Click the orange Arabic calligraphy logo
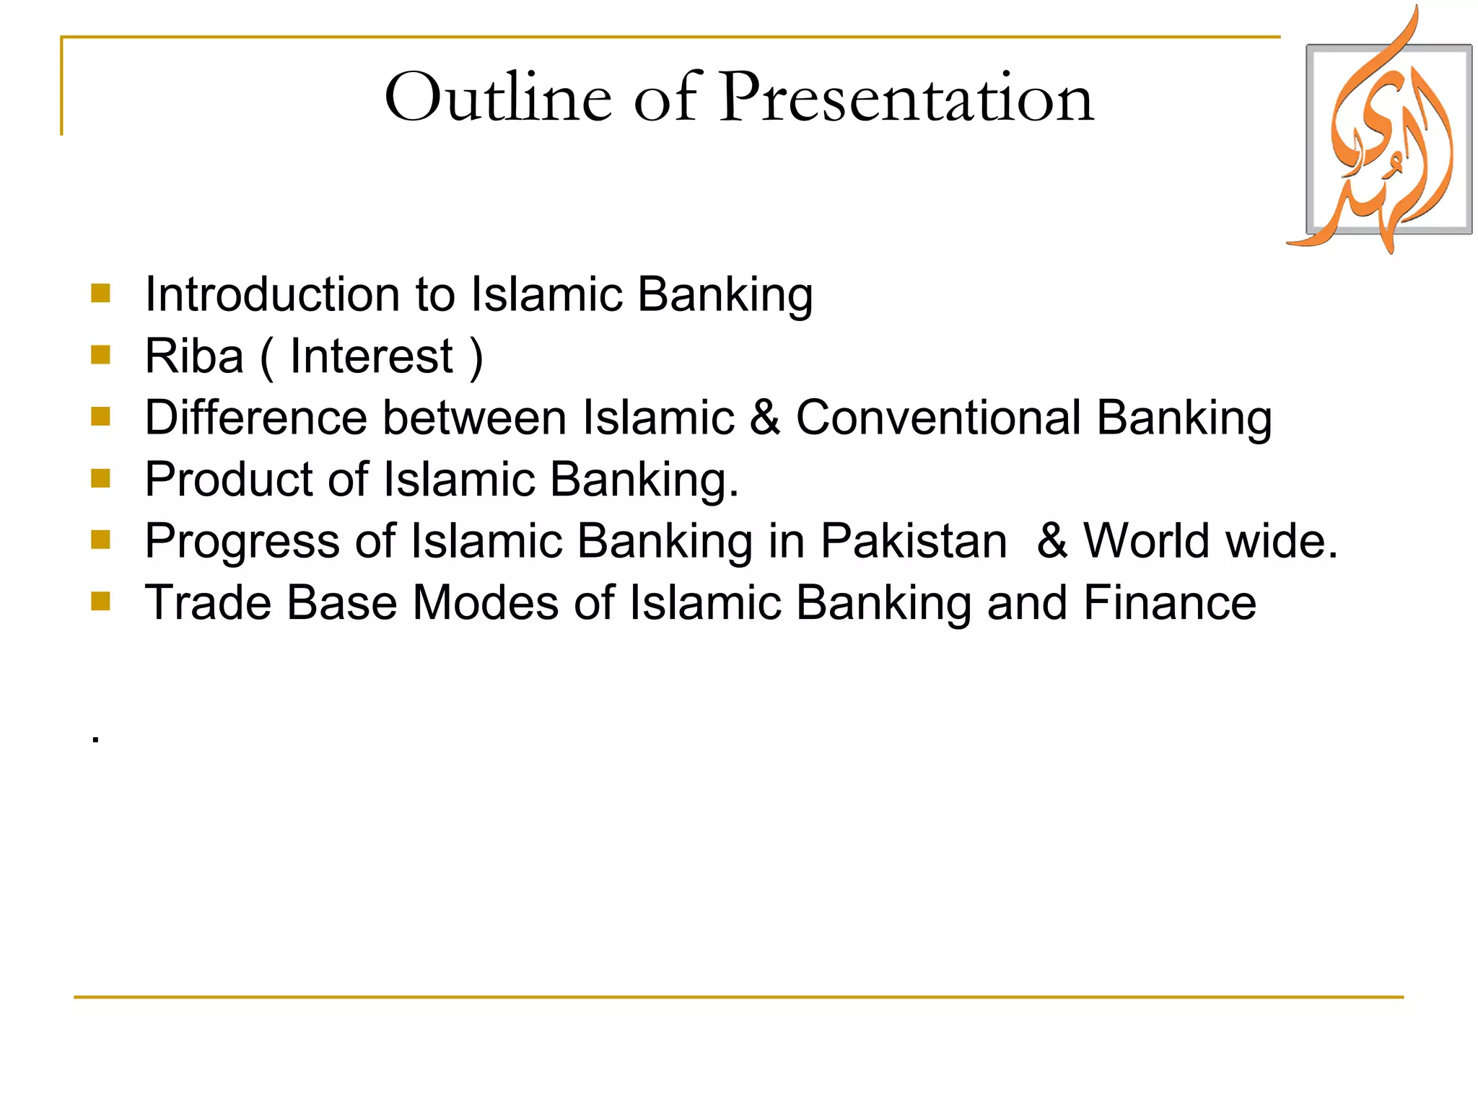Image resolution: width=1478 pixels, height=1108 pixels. click(x=1386, y=137)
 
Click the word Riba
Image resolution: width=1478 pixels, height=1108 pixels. click(x=194, y=356)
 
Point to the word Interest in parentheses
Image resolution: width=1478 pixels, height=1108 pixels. click(x=371, y=356)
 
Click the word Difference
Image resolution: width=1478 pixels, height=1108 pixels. click(x=255, y=418)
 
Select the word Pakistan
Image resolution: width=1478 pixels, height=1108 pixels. click(x=914, y=541)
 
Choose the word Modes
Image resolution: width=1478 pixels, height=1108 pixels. click(x=485, y=603)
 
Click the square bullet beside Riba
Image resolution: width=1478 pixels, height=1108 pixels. click(x=100, y=354)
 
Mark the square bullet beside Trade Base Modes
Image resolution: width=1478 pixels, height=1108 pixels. click(x=100, y=601)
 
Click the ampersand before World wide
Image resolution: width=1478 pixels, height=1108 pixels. click(x=1052, y=541)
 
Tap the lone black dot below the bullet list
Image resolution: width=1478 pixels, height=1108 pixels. click(x=95, y=739)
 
